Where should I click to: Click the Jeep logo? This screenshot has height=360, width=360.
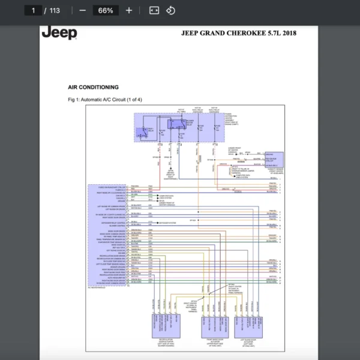pyautogui.click(x=59, y=33)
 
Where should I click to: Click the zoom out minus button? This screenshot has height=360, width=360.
pyautogui.click(x=82, y=10)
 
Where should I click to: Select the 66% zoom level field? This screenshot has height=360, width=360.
pyautogui.click(x=106, y=10)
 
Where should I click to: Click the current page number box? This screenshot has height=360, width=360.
pyautogui.click(x=32, y=10)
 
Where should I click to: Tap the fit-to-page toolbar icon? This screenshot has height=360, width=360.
pyautogui.click(x=154, y=10)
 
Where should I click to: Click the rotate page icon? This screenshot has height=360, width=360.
pyautogui.click(x=170, y=10)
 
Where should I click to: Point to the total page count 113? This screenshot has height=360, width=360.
pyautogui.click(x=55, y=10)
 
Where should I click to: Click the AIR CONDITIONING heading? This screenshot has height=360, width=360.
pyautogui.click(x=93, y=87)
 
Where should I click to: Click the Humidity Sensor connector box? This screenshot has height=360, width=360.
pyautogui.click(x=272, y=160)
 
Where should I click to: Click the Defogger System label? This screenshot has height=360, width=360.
pyautogui.click(x=169, y=223)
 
